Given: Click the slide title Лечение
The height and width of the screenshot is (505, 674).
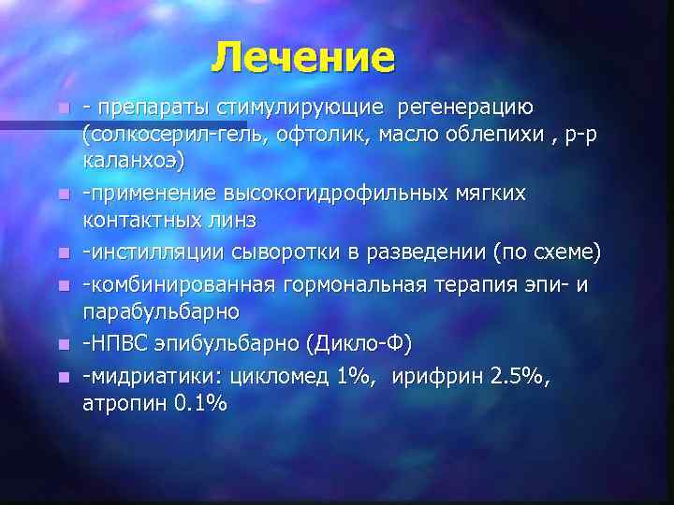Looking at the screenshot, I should coord(302,57).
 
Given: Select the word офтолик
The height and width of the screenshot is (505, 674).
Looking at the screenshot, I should coord(294,135).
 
